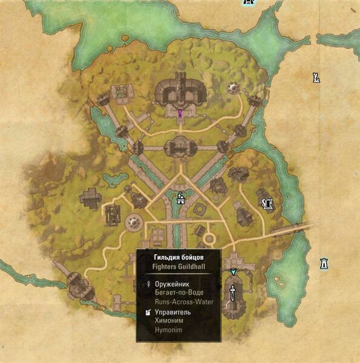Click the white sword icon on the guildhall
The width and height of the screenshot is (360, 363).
point(232,295)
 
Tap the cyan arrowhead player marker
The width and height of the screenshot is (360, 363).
point(233,272)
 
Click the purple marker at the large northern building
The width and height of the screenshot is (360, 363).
point(180,113)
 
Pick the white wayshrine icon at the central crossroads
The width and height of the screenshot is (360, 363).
point(180,197)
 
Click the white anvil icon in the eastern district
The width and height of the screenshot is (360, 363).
point(266,203)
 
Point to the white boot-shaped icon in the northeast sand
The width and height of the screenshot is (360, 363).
point(315,77)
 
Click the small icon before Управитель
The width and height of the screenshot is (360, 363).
point(148,313)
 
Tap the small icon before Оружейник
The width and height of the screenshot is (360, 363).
point(148,283)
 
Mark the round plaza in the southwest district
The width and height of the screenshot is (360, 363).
point(134,223)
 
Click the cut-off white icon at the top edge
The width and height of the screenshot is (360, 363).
point(247,2)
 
